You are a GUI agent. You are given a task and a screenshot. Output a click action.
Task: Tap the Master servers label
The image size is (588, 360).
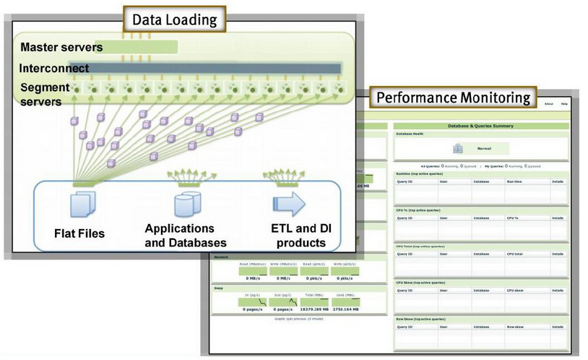click(61, 48)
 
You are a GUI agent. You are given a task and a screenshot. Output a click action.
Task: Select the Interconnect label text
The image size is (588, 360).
click(55, 69)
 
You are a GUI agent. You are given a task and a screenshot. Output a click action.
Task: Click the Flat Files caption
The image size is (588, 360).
click(79, 233)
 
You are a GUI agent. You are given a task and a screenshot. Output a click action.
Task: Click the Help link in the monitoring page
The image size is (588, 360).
click(564, 103)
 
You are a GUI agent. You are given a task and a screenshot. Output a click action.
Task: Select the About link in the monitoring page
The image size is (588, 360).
click(548, 103)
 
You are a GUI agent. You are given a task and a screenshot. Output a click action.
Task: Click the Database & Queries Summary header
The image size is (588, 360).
click(480, 126)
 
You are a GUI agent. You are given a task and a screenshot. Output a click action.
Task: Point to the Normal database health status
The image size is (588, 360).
click(484, 148)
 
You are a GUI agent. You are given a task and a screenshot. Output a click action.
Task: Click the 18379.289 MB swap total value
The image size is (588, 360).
click(313, 309)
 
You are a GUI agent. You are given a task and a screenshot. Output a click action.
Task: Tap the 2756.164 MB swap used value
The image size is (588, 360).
click(344, 309)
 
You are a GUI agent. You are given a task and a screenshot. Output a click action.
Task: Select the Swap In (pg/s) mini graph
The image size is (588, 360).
click(253, 302)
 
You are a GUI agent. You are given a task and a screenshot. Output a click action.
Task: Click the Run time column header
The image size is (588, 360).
click(514, 182)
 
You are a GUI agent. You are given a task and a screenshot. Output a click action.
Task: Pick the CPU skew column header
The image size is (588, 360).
click(515, 291)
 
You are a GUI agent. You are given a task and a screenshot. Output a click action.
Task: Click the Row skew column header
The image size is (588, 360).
click(515, 327)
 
